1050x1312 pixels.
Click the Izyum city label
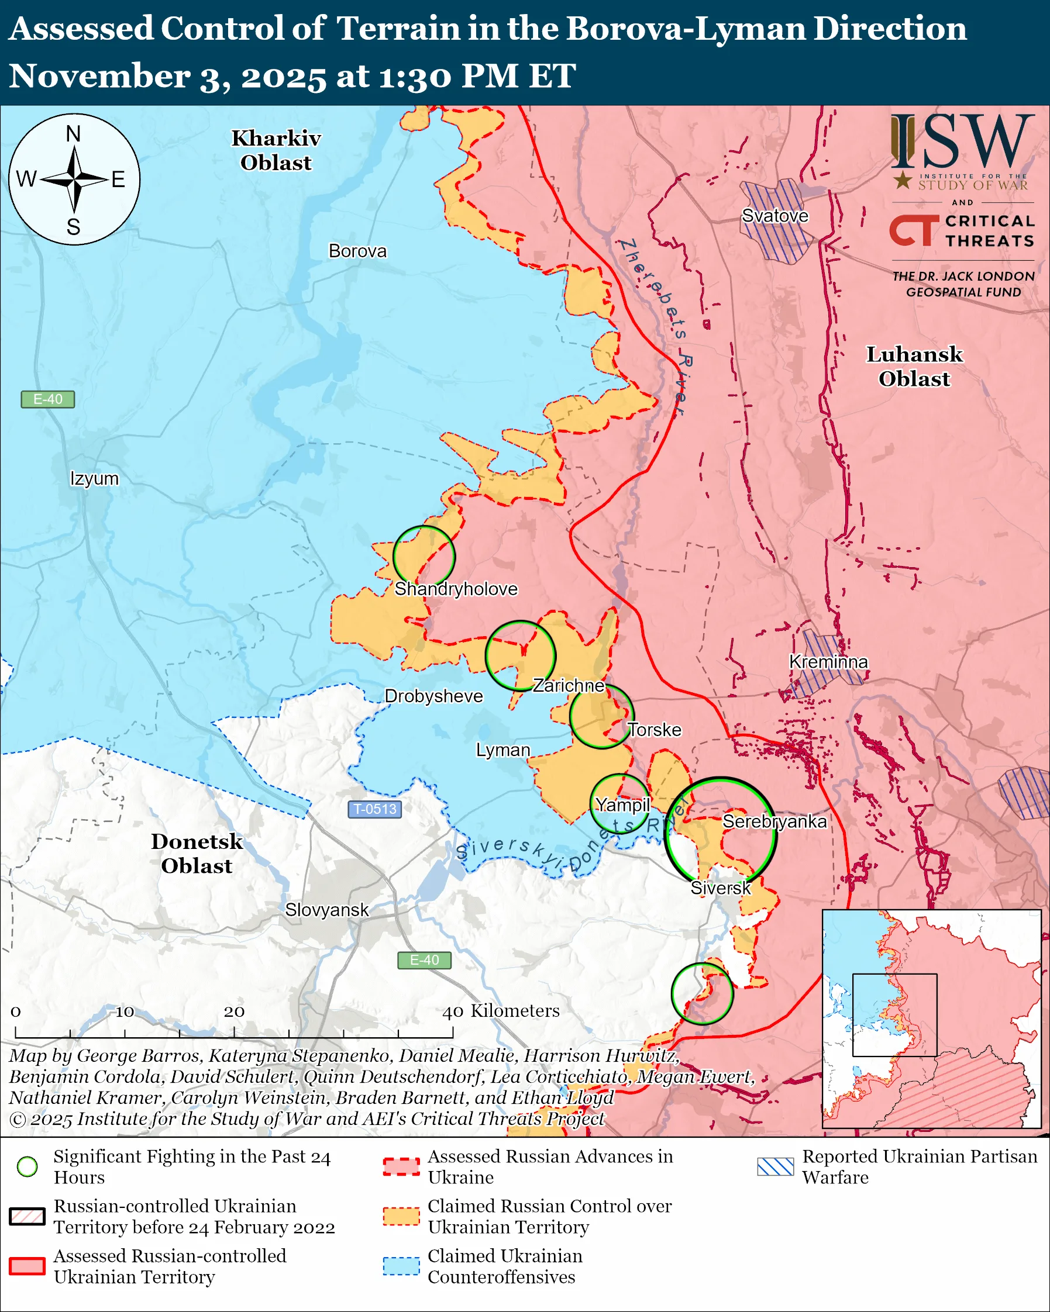(x=94, y=478)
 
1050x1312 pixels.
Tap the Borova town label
(x=357, y=251)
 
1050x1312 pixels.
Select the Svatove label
(x=775, y=215)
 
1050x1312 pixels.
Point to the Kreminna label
(x=828, y=661)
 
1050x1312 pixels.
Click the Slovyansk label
(x=327, y=910)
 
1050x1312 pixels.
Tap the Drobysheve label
(x=433, y=696)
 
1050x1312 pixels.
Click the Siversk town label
(x=720, y=888)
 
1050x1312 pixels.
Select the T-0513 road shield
(x=374, y=809)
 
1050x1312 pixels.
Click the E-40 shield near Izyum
(x=47, y=399)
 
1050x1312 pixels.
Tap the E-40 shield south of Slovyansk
(x=424, y=959)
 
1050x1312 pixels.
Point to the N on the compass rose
(x=73, y=133)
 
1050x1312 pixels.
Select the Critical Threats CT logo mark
(x=913, y=230)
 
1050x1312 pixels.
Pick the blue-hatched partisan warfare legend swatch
(x=776, y=1166)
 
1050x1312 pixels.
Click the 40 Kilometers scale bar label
(x=500, y=1011)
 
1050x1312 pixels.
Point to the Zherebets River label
(x=655, y=326)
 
